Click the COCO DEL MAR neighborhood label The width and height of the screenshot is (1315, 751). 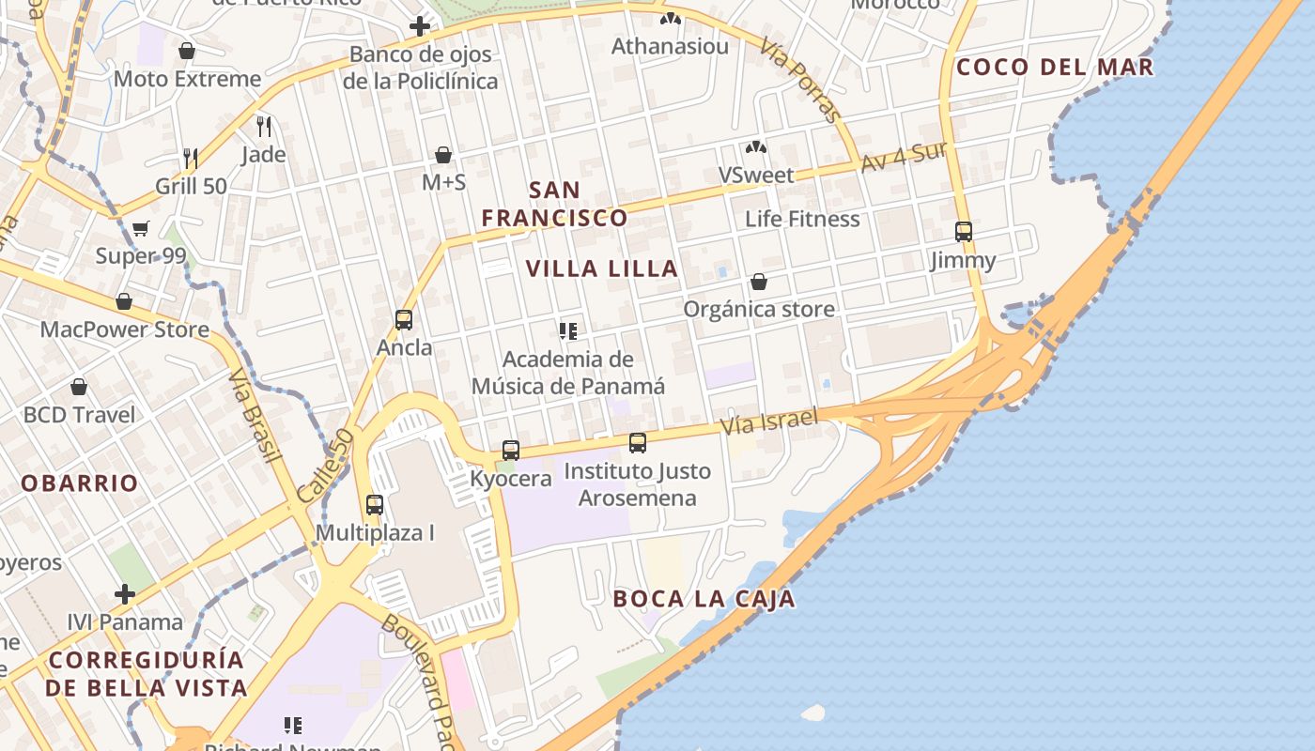[1054, 68]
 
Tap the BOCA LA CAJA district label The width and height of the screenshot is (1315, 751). [704, 599]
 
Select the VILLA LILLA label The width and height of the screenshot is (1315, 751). [601, 268]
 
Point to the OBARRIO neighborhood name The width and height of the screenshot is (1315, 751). [80, 483]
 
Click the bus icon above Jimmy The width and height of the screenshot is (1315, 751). [963, 231]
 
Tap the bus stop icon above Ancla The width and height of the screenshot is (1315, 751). [404, 320]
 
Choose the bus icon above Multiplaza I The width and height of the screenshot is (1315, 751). [375, 505]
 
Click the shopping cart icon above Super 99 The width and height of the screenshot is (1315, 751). [141, 228]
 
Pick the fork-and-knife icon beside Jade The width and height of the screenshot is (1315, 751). [264, 126]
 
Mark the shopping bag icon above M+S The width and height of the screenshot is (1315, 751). [443, 155]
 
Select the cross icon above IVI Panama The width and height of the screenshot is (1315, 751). [125, 594]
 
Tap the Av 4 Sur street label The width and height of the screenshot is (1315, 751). [903, 157]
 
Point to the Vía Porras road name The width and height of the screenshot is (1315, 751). [800, 80]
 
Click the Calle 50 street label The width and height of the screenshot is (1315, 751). [325, 465]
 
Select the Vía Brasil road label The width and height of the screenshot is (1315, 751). [255, 415]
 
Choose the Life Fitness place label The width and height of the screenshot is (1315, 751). [802, 219]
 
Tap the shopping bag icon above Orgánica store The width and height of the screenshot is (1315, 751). [759, 282]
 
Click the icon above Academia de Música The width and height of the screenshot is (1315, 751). [567, 330]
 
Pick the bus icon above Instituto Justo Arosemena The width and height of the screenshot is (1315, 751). [638, 442]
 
